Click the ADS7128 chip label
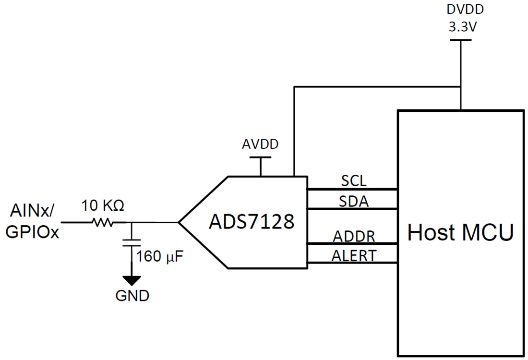pyautogui.click(x=251, y=222)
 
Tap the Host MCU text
pyautogui.click(x=460, y=233)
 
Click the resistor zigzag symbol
pyautogui.click(x=102, y=222)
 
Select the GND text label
pyautogui.click(x=132, y=296)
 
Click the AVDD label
pyautogui.click(x=260, y=144)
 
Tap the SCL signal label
pyautogui.click(x=354, y=181)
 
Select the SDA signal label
pyautogui.click(x=354, y=201)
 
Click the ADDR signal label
pyautogui.click(x=354, y=236)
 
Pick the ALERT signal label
pyautogui.click(x=354, y=256)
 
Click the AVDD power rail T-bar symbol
pyautogui.click(x=260, y=157)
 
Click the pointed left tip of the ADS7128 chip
pyautogui.click(x=180, y=222)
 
